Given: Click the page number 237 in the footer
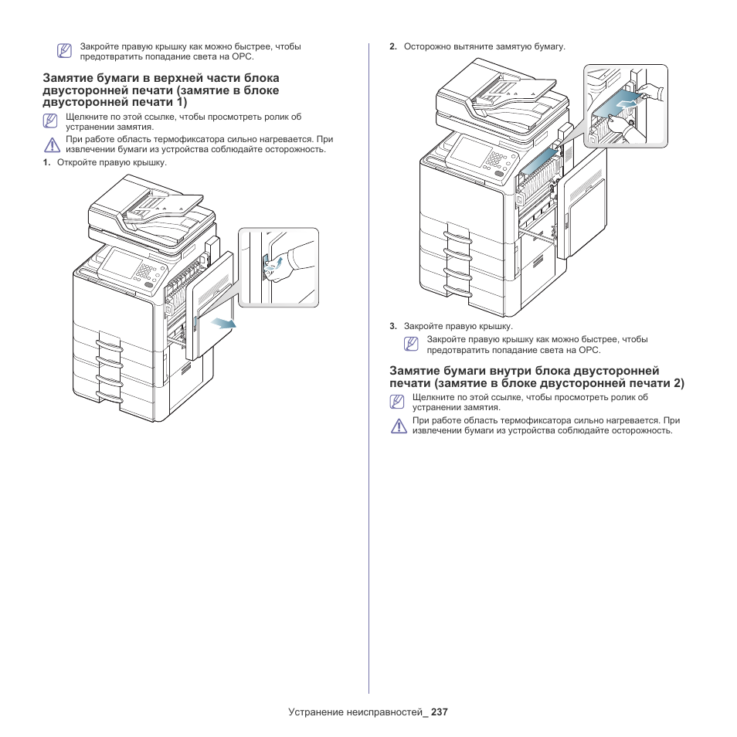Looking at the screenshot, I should (440, 712).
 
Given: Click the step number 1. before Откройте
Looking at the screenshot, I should (46, 162).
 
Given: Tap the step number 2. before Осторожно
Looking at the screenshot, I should (392, 47).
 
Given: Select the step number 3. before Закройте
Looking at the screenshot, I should (392, 326).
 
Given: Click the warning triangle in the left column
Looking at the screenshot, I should (51, 144).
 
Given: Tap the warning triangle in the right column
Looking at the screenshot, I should (399, 426).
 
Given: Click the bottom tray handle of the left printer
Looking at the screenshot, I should (110, 399).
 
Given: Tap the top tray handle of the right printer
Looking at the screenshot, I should (457, 236).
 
